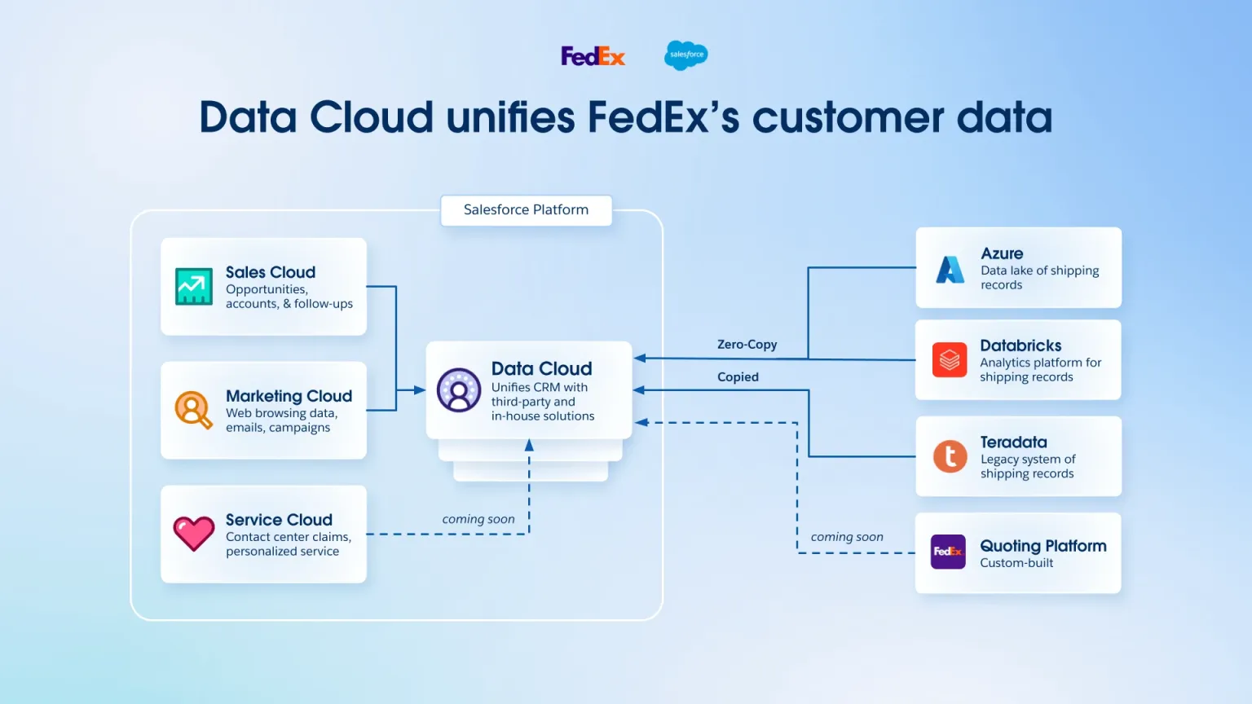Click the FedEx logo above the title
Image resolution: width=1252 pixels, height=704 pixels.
pos(593,56)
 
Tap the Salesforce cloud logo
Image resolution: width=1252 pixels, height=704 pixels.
pos(686,55)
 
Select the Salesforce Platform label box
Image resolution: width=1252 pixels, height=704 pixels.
pos(526,210)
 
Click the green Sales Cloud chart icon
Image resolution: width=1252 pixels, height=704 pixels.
pos(194,287)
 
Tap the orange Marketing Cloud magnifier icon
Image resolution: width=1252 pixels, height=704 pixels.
pos(193,410)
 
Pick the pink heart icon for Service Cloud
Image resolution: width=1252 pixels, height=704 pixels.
pos(194,534)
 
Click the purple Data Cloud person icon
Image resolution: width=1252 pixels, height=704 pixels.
pos(459,390)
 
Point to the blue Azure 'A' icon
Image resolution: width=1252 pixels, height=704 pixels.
pos(950,269)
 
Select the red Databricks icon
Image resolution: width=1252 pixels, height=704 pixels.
pos(950,359)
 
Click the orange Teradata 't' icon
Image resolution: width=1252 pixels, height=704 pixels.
pos(950,456)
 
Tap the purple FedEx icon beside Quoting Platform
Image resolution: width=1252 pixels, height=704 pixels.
pos(948,552)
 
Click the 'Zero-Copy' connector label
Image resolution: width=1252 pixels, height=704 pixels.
pos(747,345)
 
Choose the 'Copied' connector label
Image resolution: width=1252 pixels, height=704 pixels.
pos(738,377)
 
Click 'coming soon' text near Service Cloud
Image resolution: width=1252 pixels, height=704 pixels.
pos(478,519)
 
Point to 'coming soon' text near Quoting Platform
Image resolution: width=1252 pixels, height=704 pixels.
pos(847,537)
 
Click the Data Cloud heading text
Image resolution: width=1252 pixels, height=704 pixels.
pos(541,369)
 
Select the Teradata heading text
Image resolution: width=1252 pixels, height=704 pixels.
pos(1013,442)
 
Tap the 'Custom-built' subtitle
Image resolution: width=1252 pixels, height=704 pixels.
pos(1016,563)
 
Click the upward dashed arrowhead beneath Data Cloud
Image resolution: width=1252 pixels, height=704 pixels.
pos(529,446)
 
